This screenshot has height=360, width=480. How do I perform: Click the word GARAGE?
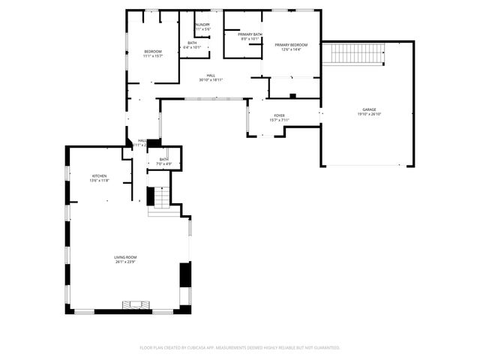click(368, 109)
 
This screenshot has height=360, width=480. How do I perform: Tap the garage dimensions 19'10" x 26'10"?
click(368, 114)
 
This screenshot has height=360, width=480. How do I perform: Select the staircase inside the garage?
click(357, 53)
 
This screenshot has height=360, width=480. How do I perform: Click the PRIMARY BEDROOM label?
click(291, 45)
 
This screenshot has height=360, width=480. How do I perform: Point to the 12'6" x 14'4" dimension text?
click(291, 49)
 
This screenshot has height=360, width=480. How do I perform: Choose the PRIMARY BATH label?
click(250, 34)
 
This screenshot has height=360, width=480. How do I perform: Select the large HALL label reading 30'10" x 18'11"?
click(211, 76)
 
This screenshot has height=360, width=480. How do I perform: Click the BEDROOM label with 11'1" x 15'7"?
click(153, 51)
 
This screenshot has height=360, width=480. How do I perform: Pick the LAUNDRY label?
click(202, 25)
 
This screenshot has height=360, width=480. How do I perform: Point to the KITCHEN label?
click(100, 175)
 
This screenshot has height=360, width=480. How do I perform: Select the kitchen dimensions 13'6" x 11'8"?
click(100, 180)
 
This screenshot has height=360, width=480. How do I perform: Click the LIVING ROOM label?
click(125, 257)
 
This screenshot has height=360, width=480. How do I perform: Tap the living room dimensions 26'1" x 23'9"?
click(125, 262)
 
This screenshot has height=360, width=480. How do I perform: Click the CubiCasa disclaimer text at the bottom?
click(240, 347)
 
